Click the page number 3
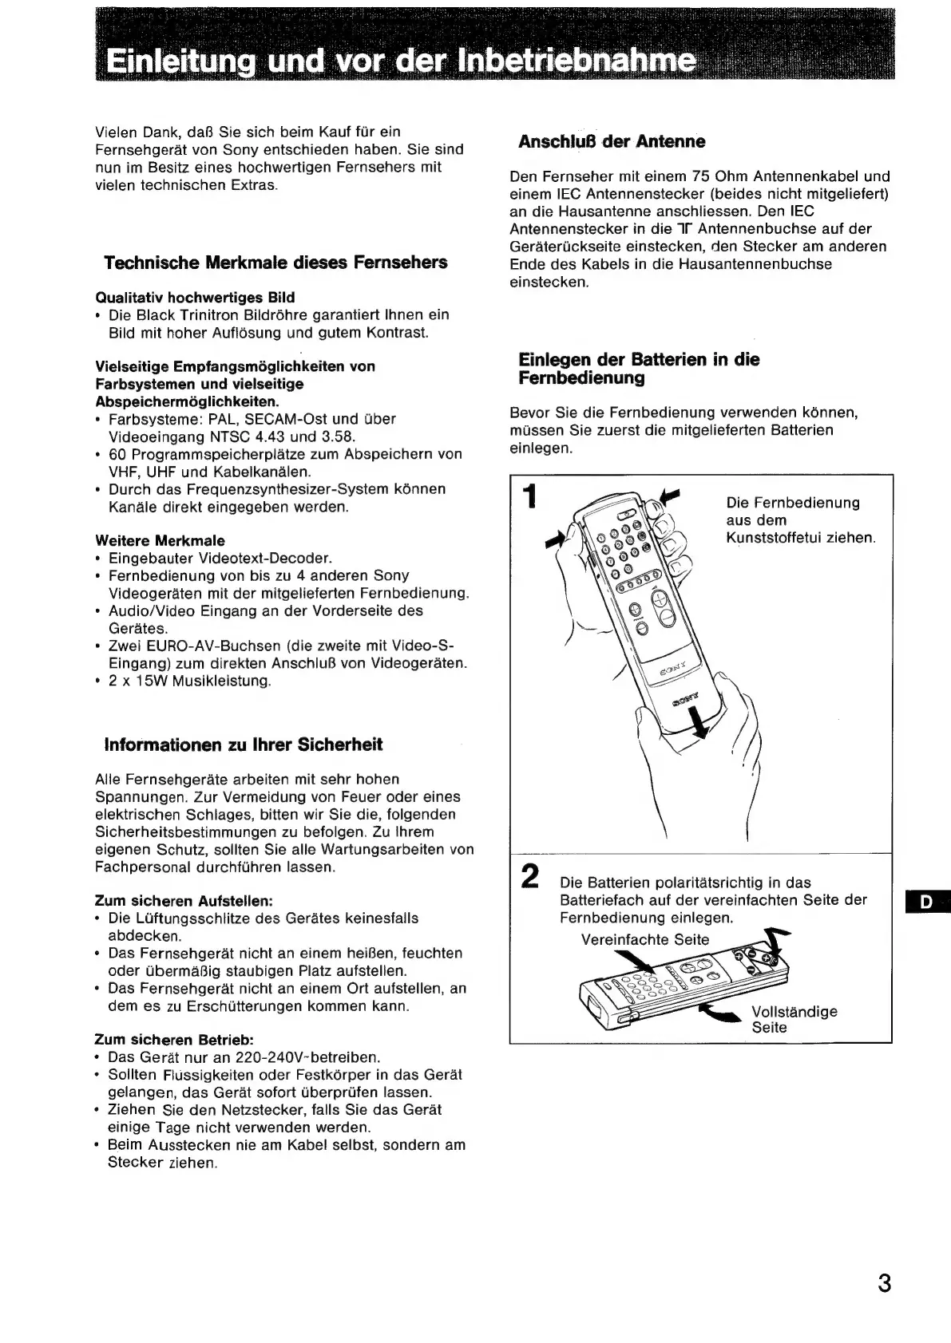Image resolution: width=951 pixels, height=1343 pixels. (x=883, y=1284)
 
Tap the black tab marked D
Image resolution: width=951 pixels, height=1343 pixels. (x=927, y=902)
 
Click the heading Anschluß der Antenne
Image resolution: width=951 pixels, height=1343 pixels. (x=612, y=142)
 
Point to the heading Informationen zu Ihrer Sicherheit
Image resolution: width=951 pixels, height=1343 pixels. (x=244, y=745)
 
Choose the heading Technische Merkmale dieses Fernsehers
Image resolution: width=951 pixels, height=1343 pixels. (x=275, y=263)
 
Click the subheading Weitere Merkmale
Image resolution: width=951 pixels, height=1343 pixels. (x=160, y=540)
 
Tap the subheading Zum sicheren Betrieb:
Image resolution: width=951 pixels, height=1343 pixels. (x=174, y=1040)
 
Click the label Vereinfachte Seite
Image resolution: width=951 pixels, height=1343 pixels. (x=644, y=939)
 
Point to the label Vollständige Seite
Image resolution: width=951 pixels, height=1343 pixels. (x=794, y=1020)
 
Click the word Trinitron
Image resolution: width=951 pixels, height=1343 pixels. (x=234, y=315)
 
